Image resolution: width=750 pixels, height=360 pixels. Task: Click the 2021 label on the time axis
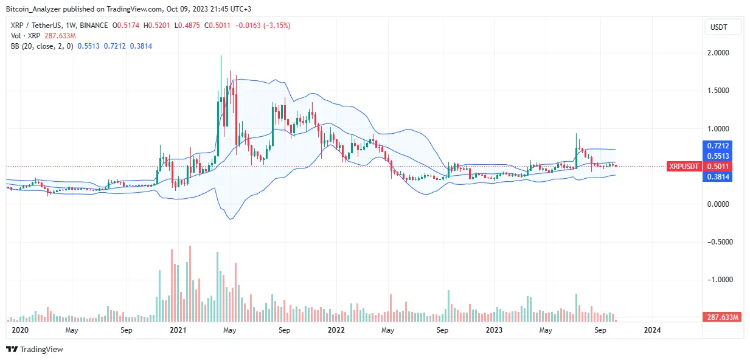pos(178,330)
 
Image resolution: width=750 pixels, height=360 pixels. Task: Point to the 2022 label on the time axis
pos(336,330)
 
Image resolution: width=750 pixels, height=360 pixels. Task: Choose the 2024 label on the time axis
pos(651,330)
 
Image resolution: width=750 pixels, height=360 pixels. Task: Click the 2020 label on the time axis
pos(21,330)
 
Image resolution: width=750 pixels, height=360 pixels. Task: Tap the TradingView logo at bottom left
pos(35,350)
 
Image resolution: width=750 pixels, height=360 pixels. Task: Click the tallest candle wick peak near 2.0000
pos(221,56)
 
